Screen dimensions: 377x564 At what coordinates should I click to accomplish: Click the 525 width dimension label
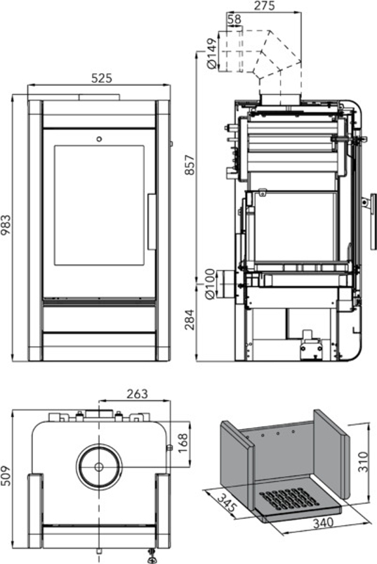point(102,78)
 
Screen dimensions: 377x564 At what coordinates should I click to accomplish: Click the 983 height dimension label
point(6,225)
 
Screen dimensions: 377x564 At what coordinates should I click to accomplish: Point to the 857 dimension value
point(190,165)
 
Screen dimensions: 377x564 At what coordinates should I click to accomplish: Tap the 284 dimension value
point(190,319)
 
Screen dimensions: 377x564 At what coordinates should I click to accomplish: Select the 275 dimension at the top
point(264,6)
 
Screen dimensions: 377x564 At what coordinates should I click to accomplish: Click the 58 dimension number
point(234,19)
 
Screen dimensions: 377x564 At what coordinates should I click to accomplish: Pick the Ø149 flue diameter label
point(212,54)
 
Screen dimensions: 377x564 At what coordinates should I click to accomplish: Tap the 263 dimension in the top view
point(137,394)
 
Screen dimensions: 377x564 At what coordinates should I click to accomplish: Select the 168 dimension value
point(183,444)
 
